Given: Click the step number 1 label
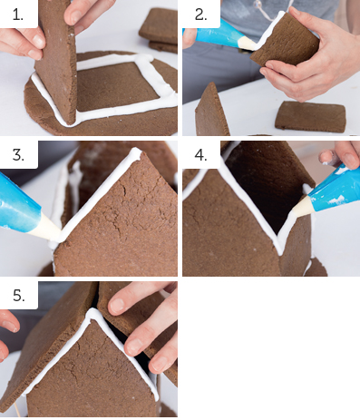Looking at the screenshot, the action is click(x=18, y=15).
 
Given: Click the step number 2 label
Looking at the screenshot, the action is click(x=201, y=15).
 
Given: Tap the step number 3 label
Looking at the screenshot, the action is click(x=18, y=155).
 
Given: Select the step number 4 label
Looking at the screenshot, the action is click(x=201, y=155).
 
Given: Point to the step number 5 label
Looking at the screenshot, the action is click(x=19, y=295).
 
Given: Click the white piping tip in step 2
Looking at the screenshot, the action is click(x=247, y=44).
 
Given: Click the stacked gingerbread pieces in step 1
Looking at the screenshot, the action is click(x=160, y=30).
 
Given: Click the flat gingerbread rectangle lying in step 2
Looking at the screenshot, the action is click(x=310, y=117).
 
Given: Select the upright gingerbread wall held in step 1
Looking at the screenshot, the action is click(x=56, y=61).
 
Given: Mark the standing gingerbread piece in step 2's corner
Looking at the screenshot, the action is click(x=211, y=111).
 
